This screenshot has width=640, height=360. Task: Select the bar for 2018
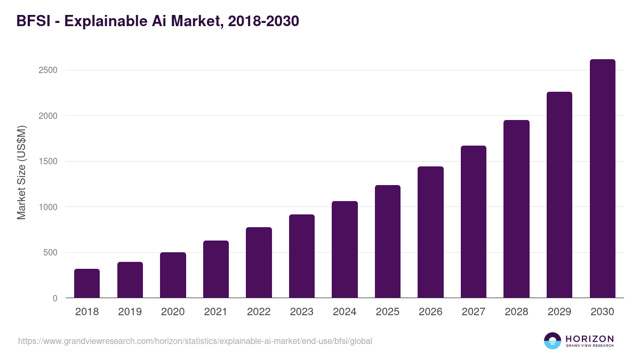87,283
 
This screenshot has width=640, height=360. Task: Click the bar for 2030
602,179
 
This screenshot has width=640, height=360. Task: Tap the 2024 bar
345,250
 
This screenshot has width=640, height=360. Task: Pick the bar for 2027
474,222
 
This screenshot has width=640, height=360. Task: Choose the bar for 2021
216,269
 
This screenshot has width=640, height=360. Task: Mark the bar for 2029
559,195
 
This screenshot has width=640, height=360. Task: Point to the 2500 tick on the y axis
48,70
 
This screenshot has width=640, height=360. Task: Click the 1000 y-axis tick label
48,207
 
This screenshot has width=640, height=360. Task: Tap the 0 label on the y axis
55,298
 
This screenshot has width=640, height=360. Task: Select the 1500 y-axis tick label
48,162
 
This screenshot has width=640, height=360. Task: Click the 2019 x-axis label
130,312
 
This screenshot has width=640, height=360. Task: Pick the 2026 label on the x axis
430,312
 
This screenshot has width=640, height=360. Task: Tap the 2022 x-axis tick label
259,312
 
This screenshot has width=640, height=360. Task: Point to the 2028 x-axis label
516,312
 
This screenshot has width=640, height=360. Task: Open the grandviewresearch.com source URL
195,341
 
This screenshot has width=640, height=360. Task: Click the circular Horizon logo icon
553,341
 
